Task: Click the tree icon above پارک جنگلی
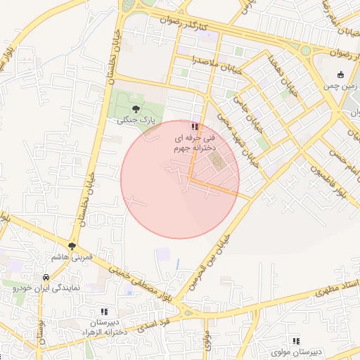[136, 108]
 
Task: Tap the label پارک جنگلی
[136, 121]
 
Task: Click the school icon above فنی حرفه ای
[194, 127]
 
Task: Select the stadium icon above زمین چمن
[341, 75]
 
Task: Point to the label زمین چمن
[341, 86]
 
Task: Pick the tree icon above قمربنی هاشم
[72, 245]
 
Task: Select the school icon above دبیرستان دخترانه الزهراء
[104, 311]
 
